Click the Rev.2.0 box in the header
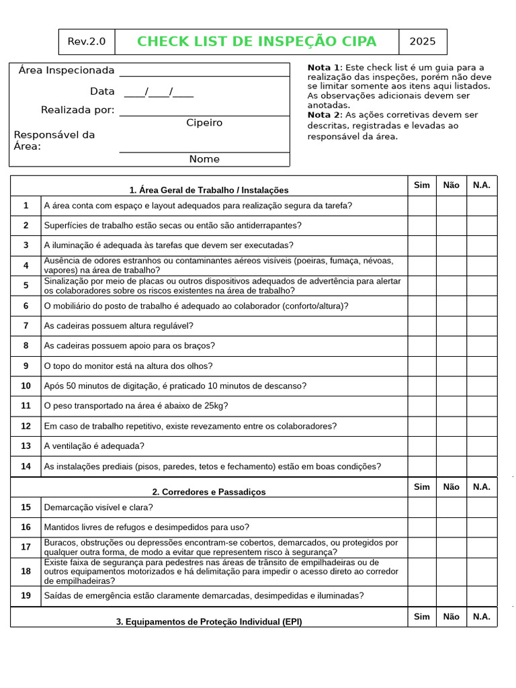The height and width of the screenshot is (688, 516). click(87, 42)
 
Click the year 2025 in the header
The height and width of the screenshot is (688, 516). click(423, 42)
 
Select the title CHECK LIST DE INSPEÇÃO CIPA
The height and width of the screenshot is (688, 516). click(257, 42)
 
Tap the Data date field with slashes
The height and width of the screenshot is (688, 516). click(159, 92)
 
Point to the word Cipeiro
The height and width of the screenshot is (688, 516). click(204, 123)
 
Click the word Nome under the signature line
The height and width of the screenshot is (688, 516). click(204, 159)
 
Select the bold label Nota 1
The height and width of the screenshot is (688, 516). click(325, 68)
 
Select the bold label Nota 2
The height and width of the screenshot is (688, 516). click(325, 115)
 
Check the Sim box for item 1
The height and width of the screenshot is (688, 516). click(421, 206)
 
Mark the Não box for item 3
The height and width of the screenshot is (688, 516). click(451, 245)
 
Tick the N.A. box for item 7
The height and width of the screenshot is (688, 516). click(482, 326)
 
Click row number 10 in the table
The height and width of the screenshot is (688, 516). click(26, 386)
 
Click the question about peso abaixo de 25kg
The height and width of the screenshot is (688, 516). click(136, 406)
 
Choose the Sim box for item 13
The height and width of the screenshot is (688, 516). click(421, 446)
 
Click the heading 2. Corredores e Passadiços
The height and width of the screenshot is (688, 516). click(209, 492)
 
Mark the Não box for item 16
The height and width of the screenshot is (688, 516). click(451, 527)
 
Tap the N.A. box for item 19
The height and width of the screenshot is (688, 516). click(482, 596)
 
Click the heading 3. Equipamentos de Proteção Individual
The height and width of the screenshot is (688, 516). click(209, 621)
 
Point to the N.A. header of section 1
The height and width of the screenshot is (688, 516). click(482, 185)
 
